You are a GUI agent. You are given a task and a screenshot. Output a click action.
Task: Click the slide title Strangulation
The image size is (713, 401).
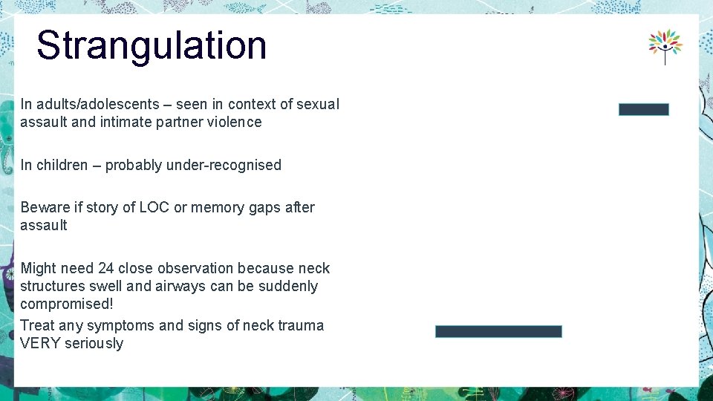point(152,45)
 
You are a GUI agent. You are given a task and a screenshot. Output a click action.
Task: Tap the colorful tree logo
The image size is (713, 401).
point(665,47)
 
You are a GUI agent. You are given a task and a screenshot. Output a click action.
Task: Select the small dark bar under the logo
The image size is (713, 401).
point(643,109)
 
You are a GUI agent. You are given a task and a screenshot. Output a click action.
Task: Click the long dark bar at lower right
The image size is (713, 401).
point(498,331)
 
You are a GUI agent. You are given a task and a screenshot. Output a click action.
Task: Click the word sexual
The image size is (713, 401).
point(318,105)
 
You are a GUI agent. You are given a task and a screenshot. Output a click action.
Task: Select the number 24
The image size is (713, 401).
point(105,269)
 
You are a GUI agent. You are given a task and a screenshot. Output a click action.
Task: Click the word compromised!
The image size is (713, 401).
point(67,304)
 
